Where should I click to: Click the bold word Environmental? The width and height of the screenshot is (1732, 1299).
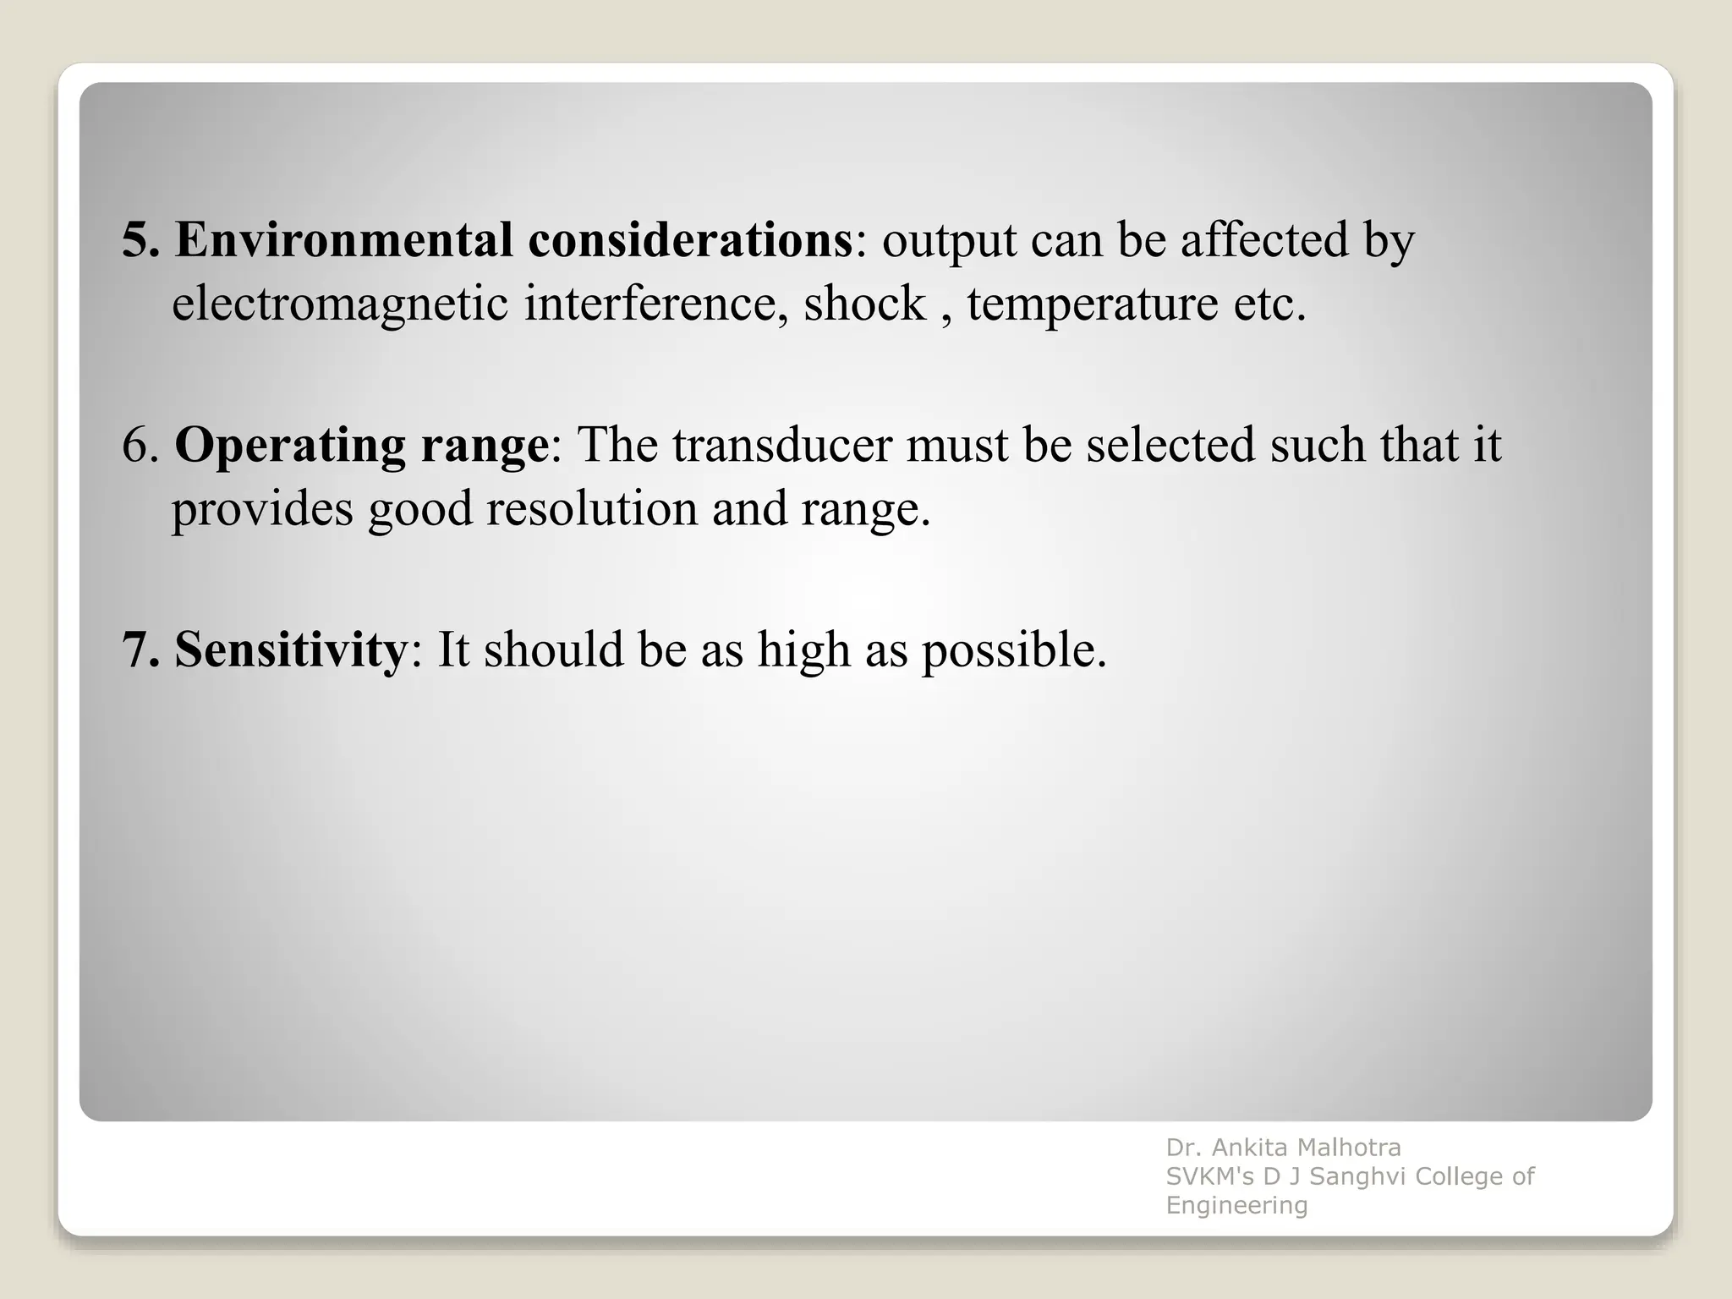pyautogui.click(x=343, y=240)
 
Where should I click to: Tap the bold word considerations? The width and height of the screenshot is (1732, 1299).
pyautogui.click(x=690, y=240)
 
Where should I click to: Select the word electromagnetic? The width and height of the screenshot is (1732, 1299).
pyautogui.click(x=340, y=304)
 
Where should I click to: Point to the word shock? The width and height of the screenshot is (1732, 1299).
pyautogui.click(x=864, y=304)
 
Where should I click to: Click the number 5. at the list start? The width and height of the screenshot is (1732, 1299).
pyautogui.click(x=140, y=240)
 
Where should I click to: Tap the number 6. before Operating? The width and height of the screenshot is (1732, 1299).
pyautogui.click(x=140, y=446)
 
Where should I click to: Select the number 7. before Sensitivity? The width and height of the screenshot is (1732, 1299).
pyautogui.click(x=140, y=650)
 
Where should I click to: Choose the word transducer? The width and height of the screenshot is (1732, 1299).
pyautogui.click(x=782, y=446)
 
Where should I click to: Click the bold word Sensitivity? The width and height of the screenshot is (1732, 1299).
pyautogui.click(x=291, y=650)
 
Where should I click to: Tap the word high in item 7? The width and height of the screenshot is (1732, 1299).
pyautogui.click(x=803, y=650)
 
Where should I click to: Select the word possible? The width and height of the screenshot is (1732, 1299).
pyautogui.click(x=1013, y=650)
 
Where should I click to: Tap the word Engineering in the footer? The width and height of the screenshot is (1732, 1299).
pyautogui.click(x=1236, y=1205)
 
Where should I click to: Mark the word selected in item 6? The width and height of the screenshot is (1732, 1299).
pyautogui.click(x=1170, y=446)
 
